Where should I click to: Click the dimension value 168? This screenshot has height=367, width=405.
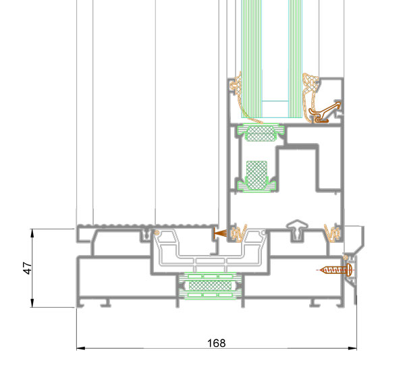coord(215,343)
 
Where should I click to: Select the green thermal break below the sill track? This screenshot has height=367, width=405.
coord(209,286)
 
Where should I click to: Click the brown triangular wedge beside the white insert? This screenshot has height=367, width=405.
coord(218,233)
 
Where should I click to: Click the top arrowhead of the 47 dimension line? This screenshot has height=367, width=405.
coord(33,232)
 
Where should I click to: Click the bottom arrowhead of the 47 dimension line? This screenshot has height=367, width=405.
coord(33,304)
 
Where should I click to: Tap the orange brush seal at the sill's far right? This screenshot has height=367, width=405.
coord(330,233)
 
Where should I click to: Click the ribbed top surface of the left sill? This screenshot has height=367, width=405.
coord(115,225)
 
